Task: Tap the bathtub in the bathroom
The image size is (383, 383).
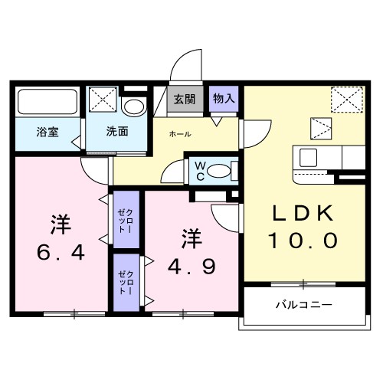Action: tap(48, 102)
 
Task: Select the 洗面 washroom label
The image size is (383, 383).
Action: tap(117, 131)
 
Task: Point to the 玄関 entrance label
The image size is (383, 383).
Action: tap(184, 100)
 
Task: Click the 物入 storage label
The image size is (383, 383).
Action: tap(224, 99)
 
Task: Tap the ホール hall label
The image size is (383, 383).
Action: tap(181, 134)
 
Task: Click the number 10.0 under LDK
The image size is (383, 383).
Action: tap(302, 241)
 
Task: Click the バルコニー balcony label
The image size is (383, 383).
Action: tap(304, 304)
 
